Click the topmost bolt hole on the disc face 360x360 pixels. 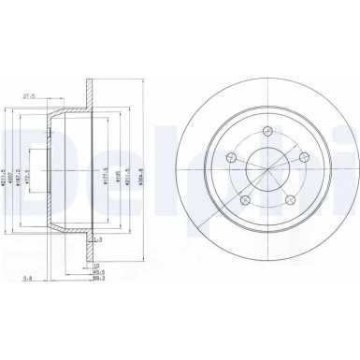(266, 130)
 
